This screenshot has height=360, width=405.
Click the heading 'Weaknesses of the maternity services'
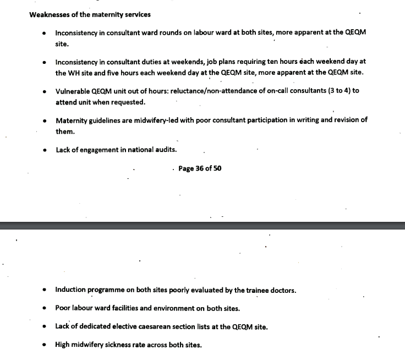[x=90, y=15]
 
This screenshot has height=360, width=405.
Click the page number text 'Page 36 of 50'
[x=200, y=168]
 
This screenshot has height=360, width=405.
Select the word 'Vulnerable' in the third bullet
[x=73, y=91]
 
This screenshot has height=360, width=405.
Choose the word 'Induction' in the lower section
[x=70, y=290]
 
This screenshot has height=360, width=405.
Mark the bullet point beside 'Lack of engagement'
[x=45, y=150]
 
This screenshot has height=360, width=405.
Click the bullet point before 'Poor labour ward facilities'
[x=45, y=308]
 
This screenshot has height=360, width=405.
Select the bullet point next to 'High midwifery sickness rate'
[x=45, y=346]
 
